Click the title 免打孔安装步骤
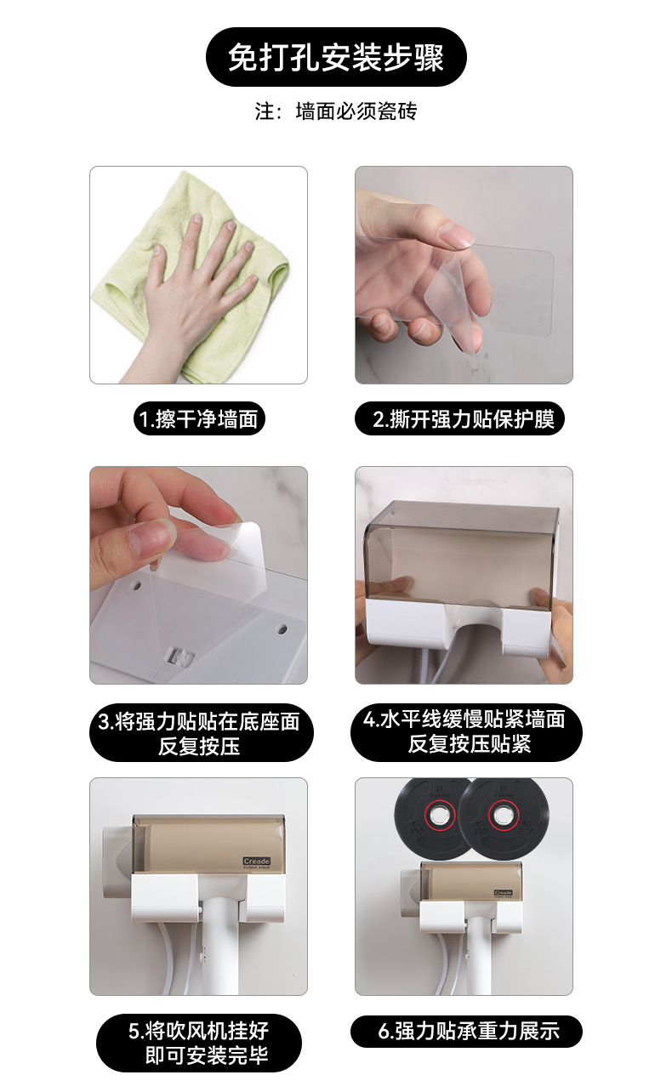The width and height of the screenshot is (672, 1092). click(336, 57)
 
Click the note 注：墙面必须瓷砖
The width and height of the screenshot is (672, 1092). click(336, 111)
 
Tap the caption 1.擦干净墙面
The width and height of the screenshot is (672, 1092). click(199, 419)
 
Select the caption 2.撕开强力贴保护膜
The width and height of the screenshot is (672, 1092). click(464, 419)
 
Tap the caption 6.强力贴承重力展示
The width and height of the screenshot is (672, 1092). click(466, 1032)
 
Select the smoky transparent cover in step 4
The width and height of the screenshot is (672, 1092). click(464, 544)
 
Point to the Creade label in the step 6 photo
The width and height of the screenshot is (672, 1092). click(503, 892)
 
